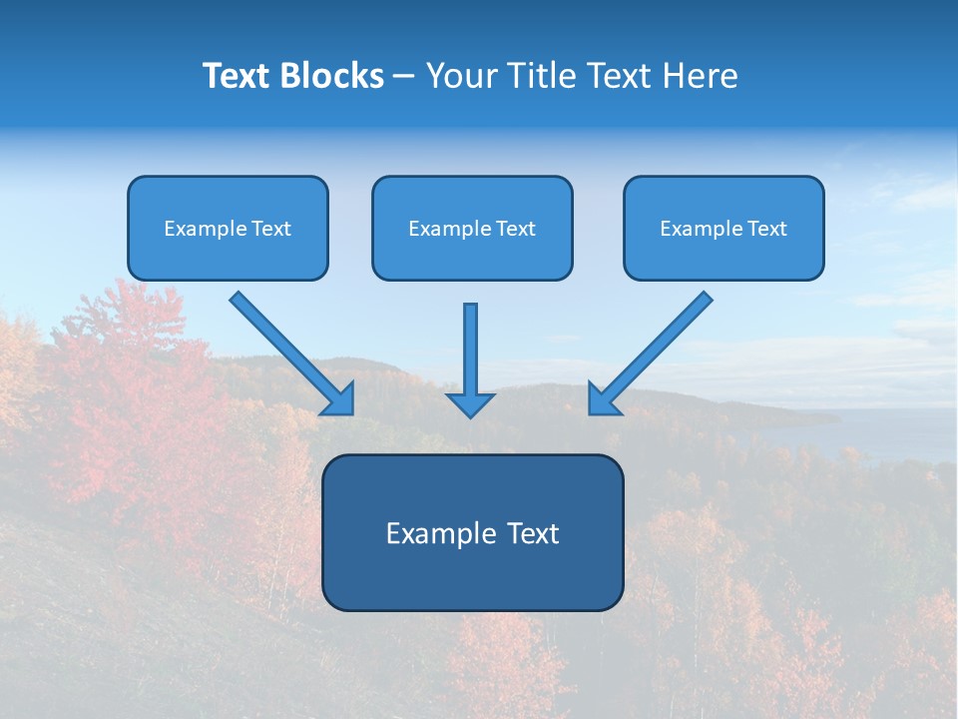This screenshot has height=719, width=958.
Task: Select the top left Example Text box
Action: (x=228, y=228)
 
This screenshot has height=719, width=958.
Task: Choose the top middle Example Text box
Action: (x=472, y=228)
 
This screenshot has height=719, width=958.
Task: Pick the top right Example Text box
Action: (x=723, y=228)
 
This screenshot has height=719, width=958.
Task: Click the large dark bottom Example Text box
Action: (x=472, y=532)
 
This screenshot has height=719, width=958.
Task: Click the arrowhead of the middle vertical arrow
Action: (x=470, y=404)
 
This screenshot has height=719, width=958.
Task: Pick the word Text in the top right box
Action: (x=766, y=229)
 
